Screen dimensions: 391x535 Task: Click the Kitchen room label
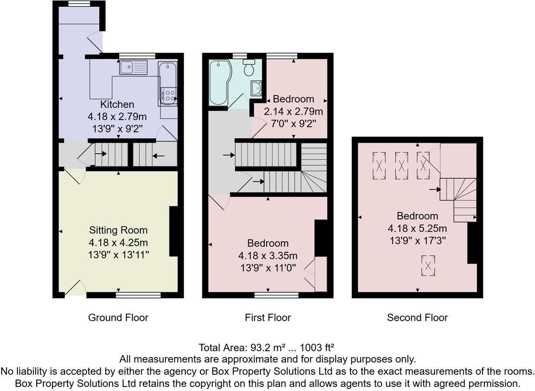[117, 105]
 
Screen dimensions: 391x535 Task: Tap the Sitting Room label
[118, 230]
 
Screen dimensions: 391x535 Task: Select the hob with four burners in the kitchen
[168, 95]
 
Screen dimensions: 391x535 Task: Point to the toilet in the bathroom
[249, 68]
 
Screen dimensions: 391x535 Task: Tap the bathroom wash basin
[256, 87]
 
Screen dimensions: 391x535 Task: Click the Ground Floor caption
[118, 318]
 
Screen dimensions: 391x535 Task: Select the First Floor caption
[267, 318]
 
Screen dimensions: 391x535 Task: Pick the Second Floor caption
[417, 318]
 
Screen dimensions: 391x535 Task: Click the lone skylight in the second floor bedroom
[428, 265]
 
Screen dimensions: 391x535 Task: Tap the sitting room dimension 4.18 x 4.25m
[117, 242]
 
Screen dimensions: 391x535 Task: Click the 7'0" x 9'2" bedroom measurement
[293, 123]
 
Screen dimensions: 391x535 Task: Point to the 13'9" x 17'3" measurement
[417, 240]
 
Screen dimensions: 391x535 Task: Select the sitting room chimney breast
[173, 231]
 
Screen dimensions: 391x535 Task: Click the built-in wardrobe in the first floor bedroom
[320, 274]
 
